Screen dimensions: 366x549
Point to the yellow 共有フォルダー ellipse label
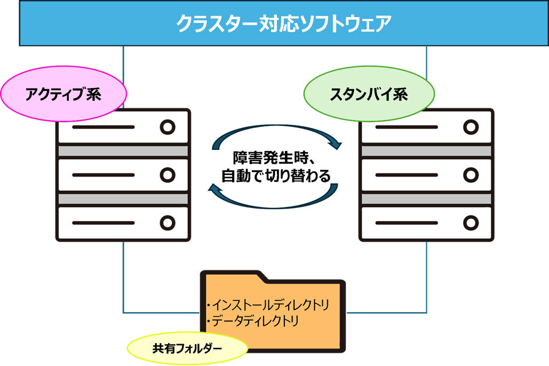pyautogui.click(x=187, y=348)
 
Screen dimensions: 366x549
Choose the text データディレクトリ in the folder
pyautogui.click(x=254, y=321)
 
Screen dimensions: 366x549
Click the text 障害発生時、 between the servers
pyautogui.click(x=275, y=159)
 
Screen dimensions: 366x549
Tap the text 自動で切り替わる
pyautogui.click(x=276, y=176)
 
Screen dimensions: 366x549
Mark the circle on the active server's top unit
pyautogui.click(x=168, y=128)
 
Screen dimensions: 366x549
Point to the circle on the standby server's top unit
pyautogui.click(x=471, y=128)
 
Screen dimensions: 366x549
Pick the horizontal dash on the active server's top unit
pyautogui.click(x=104, y=128)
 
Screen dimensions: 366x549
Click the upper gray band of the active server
pyautogui.click(x=123, y=151)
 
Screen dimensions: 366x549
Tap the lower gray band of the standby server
pyautogui.click(x=426, y=198)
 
